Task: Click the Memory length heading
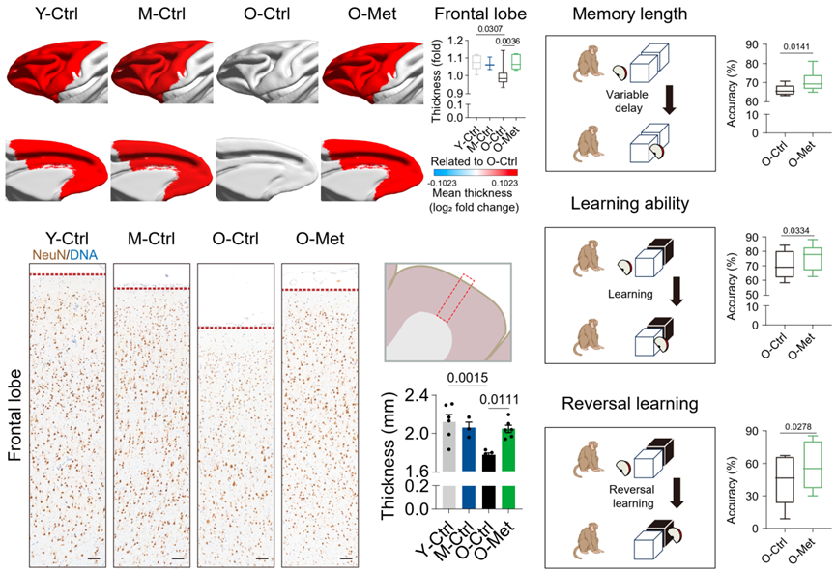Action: coord(629,15)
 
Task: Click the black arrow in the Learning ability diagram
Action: coord(677,293)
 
